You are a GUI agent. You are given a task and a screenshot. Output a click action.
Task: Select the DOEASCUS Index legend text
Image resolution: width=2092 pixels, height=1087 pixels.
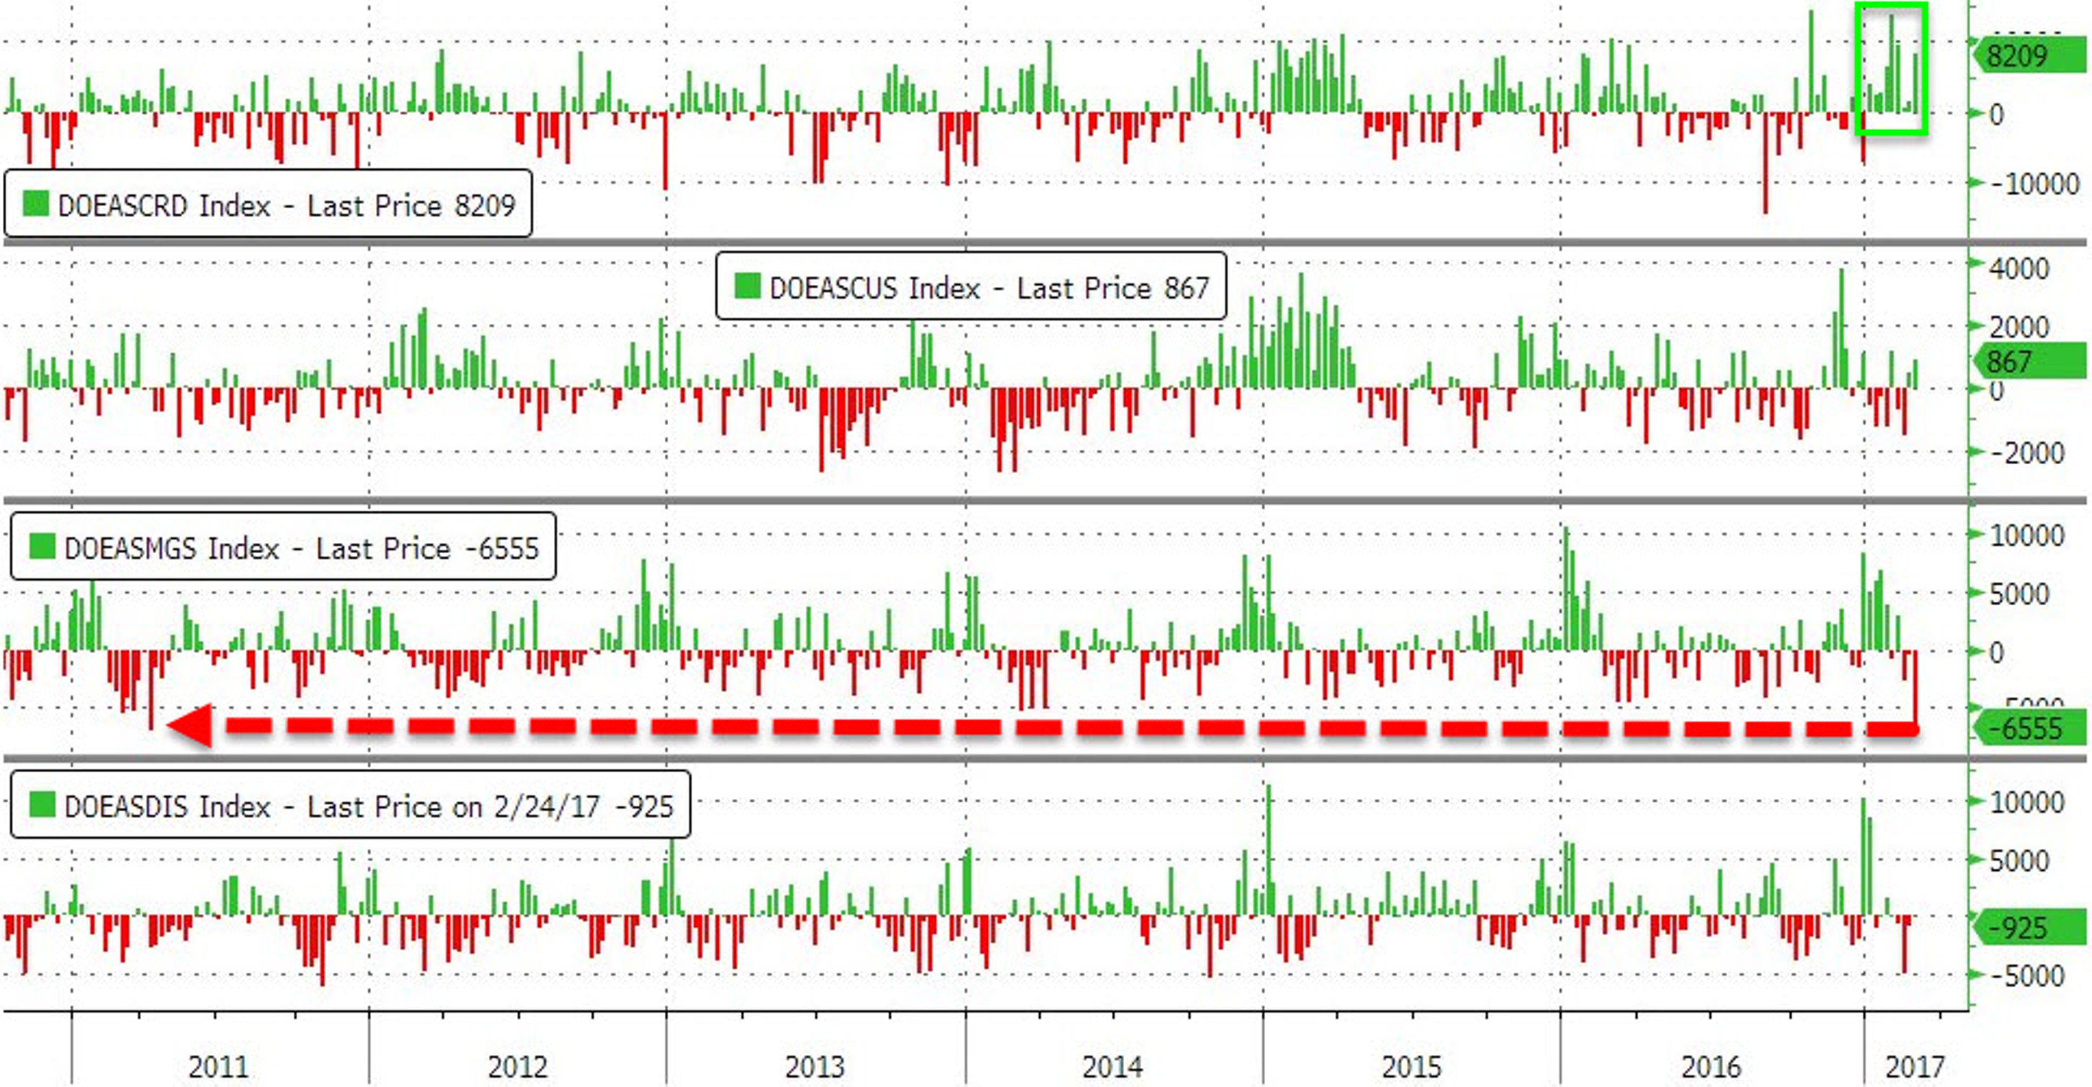[874, 288]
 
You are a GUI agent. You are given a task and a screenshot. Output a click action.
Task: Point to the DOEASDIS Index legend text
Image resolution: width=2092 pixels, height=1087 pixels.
[166, 806]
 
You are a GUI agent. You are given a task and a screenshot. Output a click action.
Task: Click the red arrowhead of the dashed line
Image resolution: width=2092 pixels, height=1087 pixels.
[191, 725]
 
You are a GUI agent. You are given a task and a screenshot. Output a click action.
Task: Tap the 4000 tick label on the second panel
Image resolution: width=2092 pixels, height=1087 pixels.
[2018, 269]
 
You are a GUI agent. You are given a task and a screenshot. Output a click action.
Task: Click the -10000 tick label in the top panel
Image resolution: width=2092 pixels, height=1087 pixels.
[2034, 183]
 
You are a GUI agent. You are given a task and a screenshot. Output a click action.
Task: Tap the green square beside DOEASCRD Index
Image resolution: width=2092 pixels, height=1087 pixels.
[36, 203]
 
